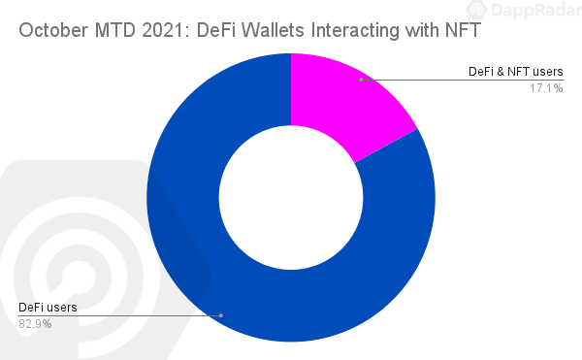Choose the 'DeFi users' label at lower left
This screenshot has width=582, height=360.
(x=48, y=308)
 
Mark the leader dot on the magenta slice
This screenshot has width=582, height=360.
(x=361, y=79)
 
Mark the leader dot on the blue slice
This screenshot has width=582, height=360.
(x=221, y=314)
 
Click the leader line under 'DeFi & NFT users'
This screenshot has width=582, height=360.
(x=466, y=79)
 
